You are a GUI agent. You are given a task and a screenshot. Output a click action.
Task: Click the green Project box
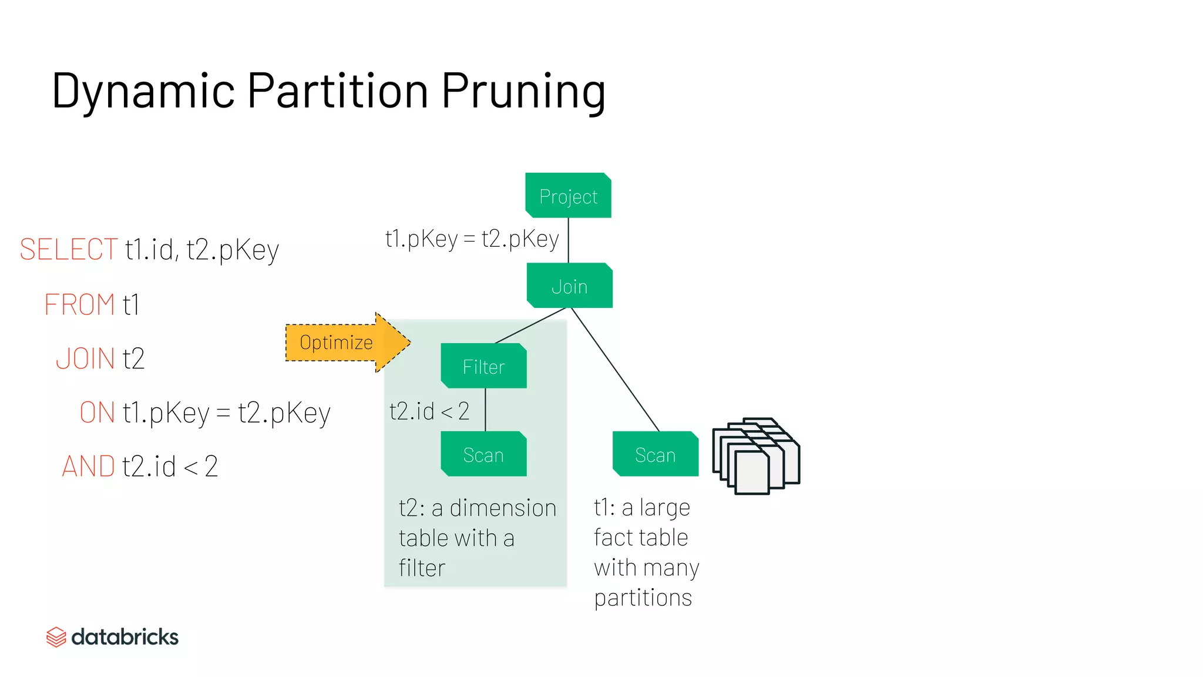tap(568, 196)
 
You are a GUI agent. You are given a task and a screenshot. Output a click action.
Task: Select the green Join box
tap(569, 286)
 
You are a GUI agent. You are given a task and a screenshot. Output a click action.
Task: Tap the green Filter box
tap(483, 366)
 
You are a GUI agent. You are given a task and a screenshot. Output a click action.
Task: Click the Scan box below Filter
tap(483, 454)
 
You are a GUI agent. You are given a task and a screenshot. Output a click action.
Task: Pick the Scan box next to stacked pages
tap(655, 454)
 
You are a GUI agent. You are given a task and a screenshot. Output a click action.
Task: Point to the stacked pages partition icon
tap(755, 456)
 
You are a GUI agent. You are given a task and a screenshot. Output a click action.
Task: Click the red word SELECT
tap(69, 249)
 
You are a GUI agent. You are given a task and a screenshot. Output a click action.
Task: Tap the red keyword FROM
tap(79, 304)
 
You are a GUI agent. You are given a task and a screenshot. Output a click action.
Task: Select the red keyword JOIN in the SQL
tap(85, 358)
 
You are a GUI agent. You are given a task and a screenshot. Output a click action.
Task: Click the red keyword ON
tap(98, 412)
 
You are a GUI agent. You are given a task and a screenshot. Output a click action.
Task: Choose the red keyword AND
tap(88, 467)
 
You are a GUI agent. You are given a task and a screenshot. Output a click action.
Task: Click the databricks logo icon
tap(56, 637)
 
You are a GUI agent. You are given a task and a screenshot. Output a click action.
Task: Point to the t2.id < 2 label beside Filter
tap(429, 411)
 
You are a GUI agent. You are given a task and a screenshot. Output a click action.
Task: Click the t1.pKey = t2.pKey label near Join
tap(472, 239)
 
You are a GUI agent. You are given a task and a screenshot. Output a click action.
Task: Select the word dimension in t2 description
tap(503, 508)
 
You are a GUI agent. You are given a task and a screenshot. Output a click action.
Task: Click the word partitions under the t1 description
tap(643, 598)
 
